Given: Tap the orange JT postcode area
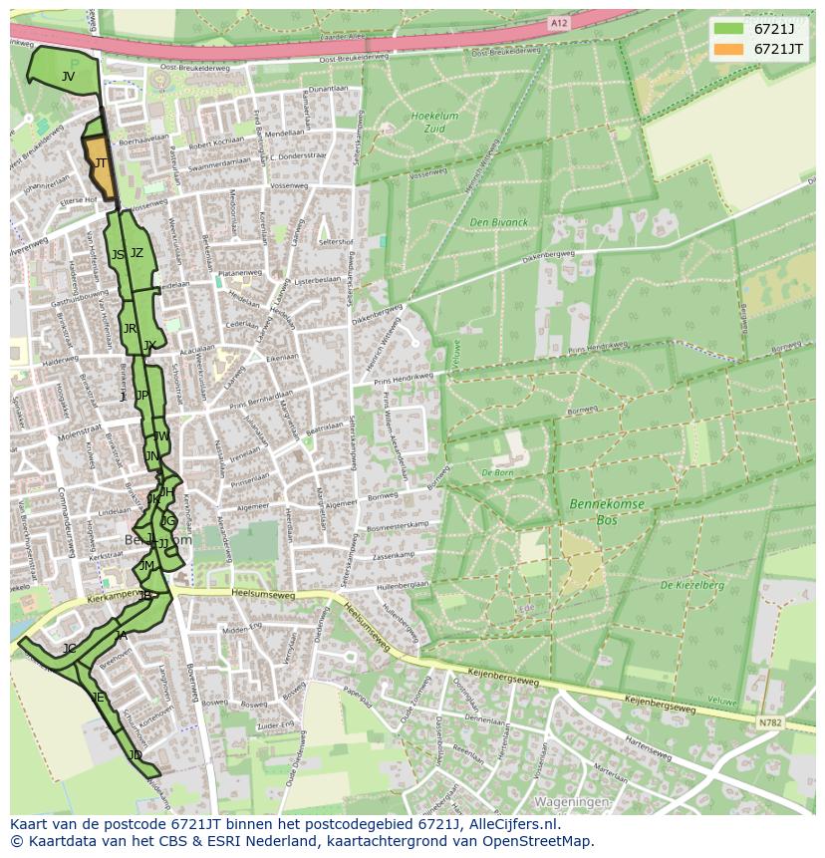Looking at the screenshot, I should point(101,169).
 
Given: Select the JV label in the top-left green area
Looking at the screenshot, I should point(68,77).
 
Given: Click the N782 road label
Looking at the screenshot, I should point(769,721).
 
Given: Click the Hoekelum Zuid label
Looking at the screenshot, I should point(434,122).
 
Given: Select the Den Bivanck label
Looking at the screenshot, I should point(499,222).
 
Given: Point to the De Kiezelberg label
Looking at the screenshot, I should point(691,585).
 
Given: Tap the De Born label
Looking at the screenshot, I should point(496,472).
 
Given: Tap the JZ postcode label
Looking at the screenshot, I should point(137,253).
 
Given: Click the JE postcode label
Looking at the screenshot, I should point(98,698).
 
